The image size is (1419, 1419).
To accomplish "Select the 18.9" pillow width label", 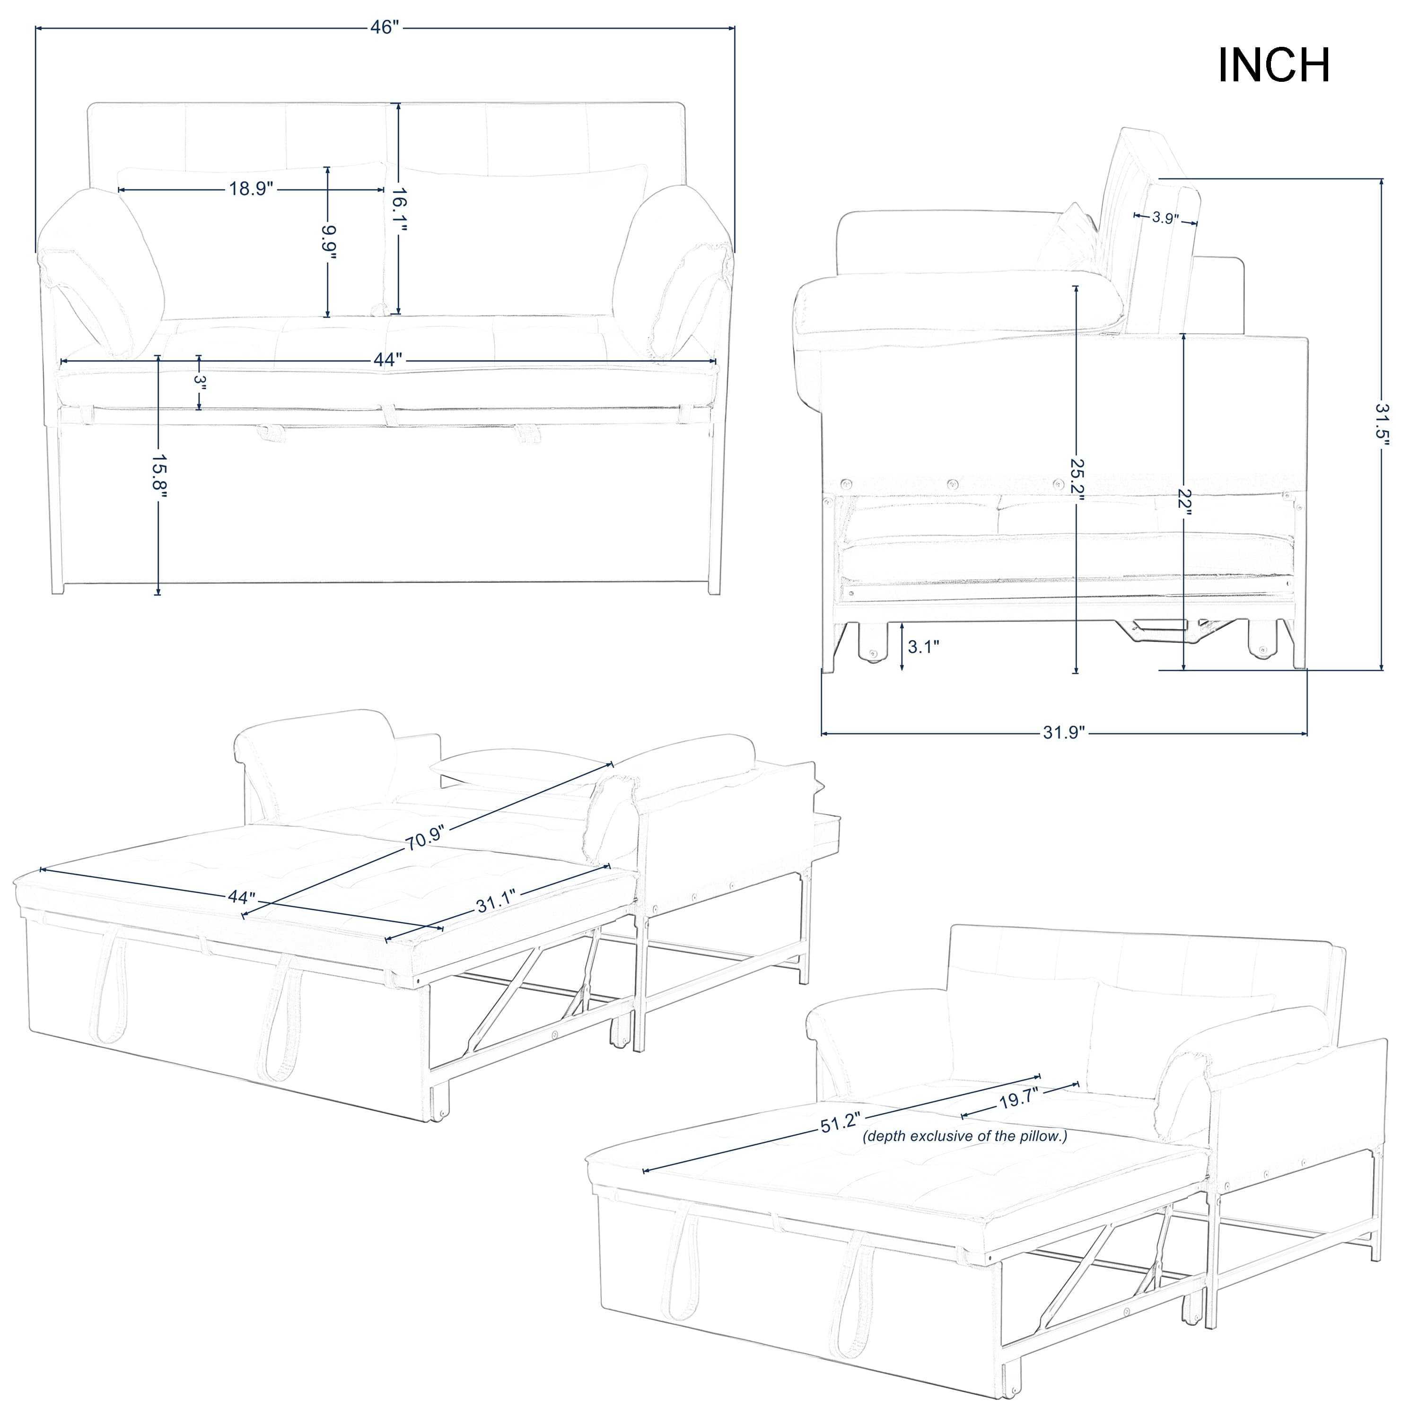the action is (251, 189).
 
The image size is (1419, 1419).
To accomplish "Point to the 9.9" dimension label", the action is (328, 242).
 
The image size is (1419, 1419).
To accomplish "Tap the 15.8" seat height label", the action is (158, 475).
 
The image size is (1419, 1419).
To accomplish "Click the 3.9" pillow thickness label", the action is (1165, 218).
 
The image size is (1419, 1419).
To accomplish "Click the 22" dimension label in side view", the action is (1184, 502).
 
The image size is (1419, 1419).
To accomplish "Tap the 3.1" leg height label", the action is (923, 646).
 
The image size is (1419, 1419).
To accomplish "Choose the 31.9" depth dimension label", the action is (1063, 733).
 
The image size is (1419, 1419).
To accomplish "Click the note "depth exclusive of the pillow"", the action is (964, 1136).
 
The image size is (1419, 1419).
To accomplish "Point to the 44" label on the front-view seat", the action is (388, 360).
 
